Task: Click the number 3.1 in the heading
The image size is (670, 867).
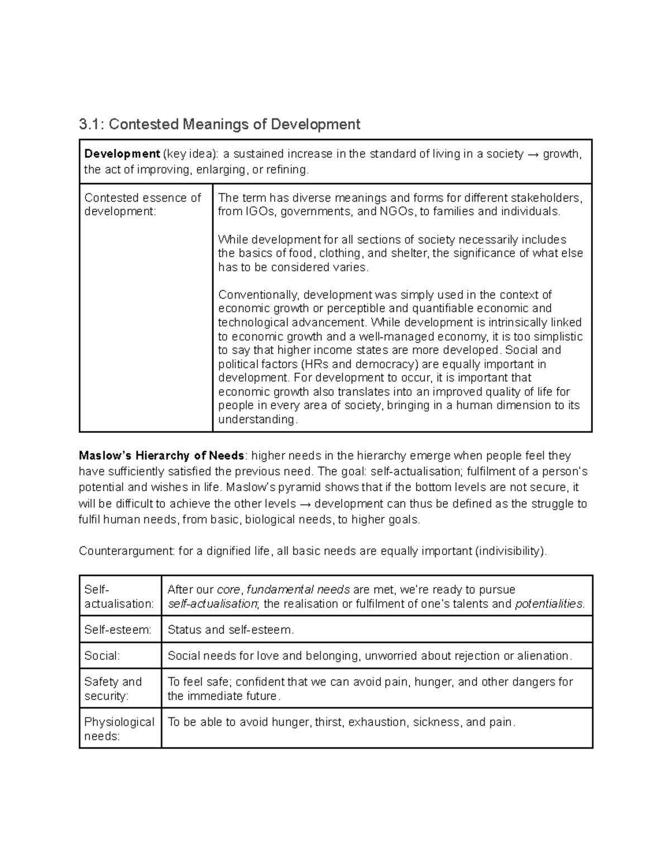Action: tap(90, 124)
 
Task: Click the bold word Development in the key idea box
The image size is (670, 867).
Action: tap(122, 154)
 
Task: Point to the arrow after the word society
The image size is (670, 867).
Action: tap(533, 154)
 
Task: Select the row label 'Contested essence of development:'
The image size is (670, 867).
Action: tap(142, 204)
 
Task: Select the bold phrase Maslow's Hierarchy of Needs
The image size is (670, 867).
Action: tap(161, 456)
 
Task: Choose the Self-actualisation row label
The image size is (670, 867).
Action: tap(118, 596)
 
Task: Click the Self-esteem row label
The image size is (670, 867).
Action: tap(117, 630)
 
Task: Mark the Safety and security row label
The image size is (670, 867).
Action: tap(113, 688)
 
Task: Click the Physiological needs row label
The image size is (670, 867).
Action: tap(119, 729)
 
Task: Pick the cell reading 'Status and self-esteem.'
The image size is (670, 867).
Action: tap(231, 630)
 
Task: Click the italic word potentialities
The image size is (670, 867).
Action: tap(549, 603)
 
